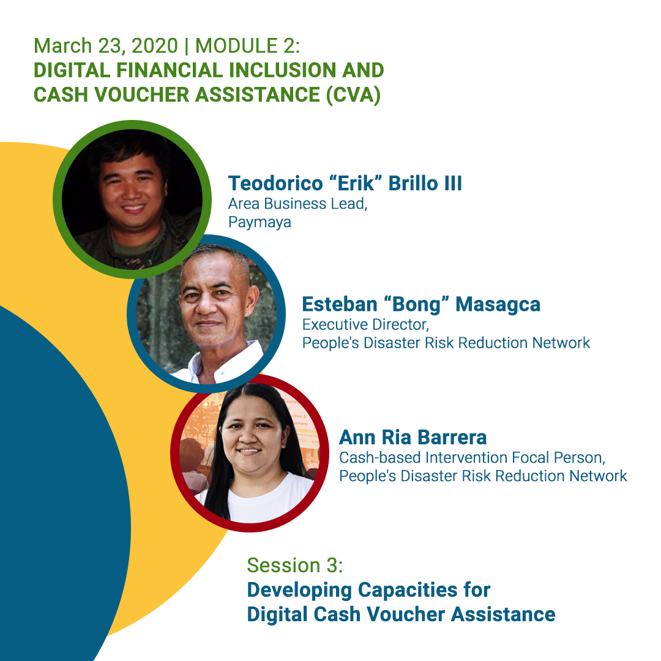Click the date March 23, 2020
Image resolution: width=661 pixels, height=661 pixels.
(105, 46)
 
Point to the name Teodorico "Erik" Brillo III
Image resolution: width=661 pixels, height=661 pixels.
(345, 183)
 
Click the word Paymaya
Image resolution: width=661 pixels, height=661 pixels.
(260, 222)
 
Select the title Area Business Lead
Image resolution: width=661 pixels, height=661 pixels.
(297, 204)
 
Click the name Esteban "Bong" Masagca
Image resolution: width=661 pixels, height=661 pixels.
(421, 304)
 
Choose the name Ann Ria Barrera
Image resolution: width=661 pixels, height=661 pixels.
(413, 437)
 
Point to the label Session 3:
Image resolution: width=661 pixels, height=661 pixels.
(294, 565)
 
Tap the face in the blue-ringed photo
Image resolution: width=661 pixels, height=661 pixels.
(211, 306)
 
